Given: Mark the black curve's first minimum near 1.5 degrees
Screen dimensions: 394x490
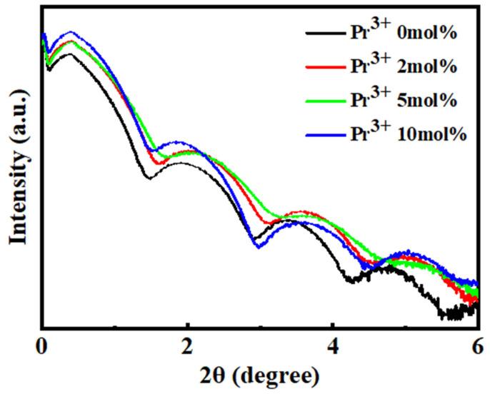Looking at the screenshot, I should click(x=149, y=177).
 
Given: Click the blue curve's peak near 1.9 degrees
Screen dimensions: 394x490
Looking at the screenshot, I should click(x=178, y=143).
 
